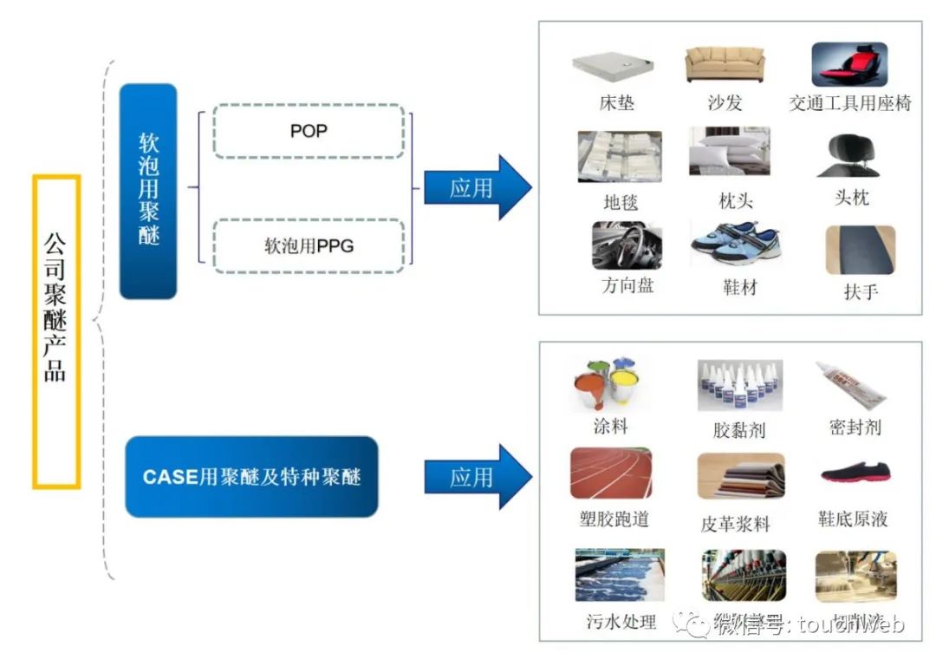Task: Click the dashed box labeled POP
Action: [x=309, y=132]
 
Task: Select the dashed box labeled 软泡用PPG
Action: [x=309, y=245]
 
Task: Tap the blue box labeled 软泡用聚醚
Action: [x=148, y=191]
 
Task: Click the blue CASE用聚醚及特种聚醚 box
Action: [x=251, y=477]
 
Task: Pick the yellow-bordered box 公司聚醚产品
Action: [x=56, y=331]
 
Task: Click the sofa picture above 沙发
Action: [x=725, y=65]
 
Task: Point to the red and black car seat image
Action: [x=849, y=65]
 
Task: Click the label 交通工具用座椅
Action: [x=849, y=104]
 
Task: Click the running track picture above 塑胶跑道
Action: [x=611, y=473]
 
